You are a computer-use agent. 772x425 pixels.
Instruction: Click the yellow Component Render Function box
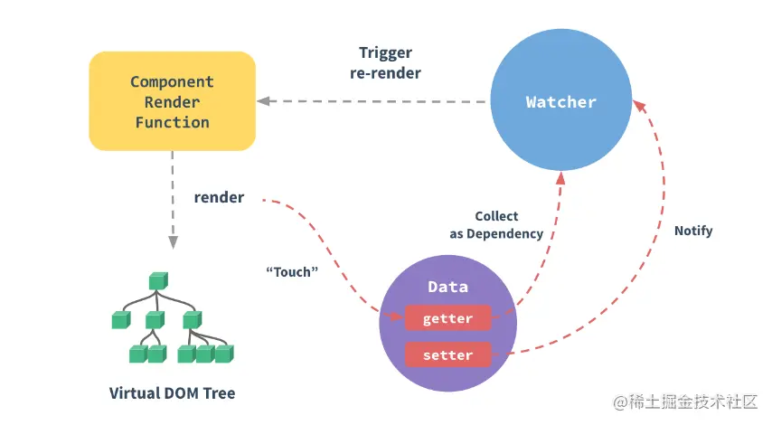click(x=172, y=100)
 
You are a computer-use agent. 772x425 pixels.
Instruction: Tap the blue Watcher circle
click(x=560, y=102)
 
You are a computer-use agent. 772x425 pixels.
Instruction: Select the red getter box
click(x=447, y=318)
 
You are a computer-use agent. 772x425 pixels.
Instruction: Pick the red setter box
click(x=447, y=354)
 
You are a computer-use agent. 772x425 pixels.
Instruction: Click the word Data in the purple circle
click(x=447, y=287)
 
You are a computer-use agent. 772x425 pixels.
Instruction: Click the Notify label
click(x=693, y=231)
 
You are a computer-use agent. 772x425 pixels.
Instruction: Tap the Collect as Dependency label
click(x=496, y=224)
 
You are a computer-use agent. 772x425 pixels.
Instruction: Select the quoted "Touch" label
click(x=293, y=270)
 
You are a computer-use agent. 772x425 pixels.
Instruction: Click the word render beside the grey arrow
click(x=219, y=196)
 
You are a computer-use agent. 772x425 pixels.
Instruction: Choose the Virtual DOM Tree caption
click(x=172, y=393)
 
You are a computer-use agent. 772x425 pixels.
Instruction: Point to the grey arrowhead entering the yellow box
click(x=262, y=100)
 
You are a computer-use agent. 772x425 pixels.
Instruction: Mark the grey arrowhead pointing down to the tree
click(x=172, y=242)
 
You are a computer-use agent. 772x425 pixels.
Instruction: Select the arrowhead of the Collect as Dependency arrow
click(x=560, y=178)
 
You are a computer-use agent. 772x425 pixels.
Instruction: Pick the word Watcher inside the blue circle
click(x=560, y=102)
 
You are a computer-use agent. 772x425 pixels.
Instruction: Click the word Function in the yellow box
click(x=172, y=122)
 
